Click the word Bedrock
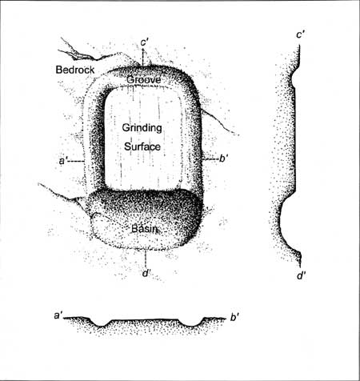click(75, 70)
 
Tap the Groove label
click(143, 79)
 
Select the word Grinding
click(142, 128)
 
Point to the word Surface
click(142, 146)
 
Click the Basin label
click(145, 229)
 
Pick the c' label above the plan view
click(143, 43)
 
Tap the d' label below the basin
click(146, 273)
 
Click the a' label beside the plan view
click(63, 161)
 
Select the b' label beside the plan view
click(223, 158)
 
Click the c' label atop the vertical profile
click(301, 34)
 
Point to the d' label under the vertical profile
click(301, 275)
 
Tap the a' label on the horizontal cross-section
click(58, 315)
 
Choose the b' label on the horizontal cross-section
click(234, 317)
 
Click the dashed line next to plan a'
click(76, 161)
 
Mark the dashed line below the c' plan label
click(143, 58)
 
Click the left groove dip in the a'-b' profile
click(102, 325)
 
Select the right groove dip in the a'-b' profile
click(192, 325)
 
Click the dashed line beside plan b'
click(211, 159)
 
